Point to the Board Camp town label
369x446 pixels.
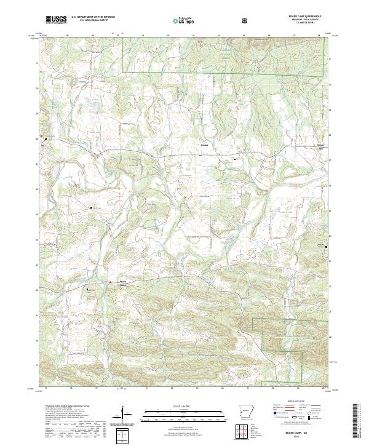coord(122,283)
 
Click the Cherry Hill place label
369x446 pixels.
coord(319,147)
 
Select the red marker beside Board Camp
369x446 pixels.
coord(110,282)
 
